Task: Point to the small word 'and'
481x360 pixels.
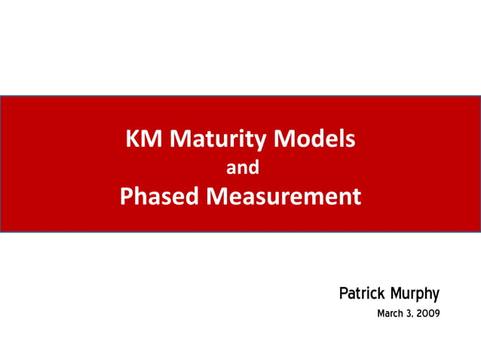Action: tap(243, 169)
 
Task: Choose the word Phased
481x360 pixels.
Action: tap(159, 197)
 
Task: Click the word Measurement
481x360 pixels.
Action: tap(283, 197)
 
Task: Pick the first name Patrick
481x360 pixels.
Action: tap(363, 292)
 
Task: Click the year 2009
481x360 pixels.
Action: tap(427, 313)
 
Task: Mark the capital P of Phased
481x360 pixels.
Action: tap(127, 197)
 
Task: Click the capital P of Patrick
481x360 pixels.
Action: tap(344, 292)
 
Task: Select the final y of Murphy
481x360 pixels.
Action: tap(435, 294)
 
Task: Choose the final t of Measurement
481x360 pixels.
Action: tap(357, 197)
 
